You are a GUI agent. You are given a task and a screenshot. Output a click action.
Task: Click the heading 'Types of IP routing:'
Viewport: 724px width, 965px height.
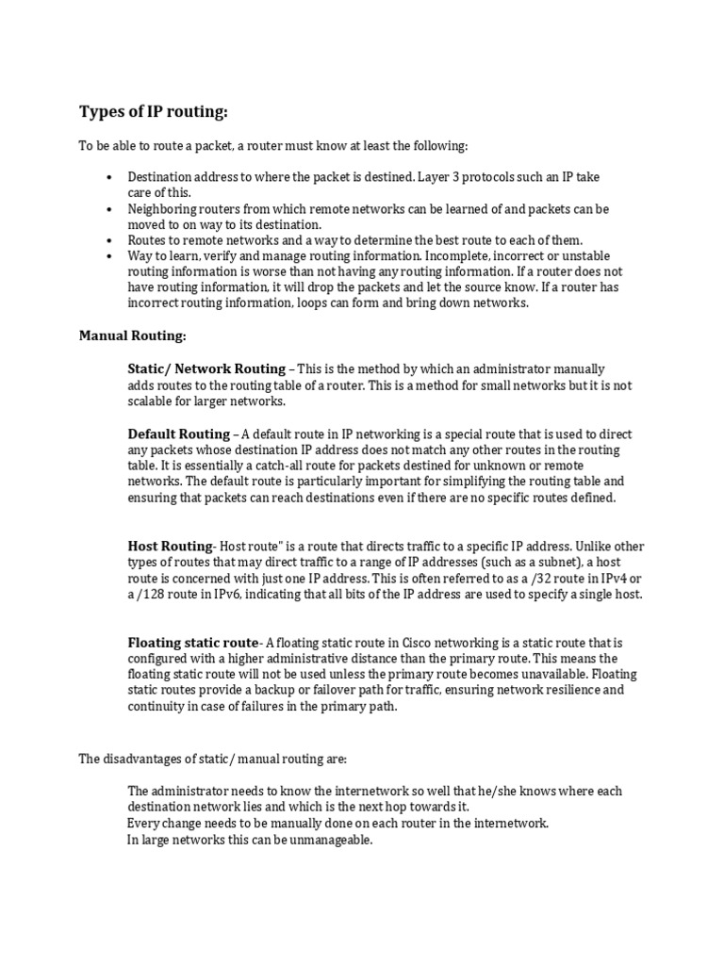(153, 113)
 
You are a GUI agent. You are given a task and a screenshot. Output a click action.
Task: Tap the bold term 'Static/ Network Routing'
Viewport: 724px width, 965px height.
(206, 368)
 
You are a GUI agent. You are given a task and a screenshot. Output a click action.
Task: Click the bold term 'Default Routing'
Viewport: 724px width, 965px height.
(178, 433)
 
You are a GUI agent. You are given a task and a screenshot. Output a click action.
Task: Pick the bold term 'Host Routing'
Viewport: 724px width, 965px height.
(170, 546)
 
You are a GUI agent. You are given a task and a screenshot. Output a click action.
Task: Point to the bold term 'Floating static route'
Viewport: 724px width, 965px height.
(192, 643)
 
